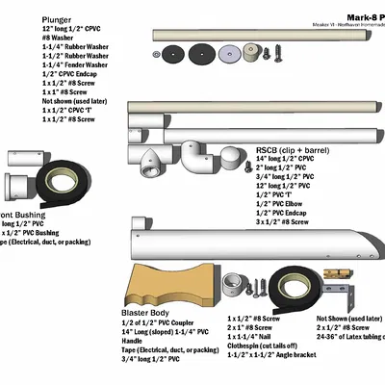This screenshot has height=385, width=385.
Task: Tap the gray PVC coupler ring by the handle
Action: [x=234, y=284]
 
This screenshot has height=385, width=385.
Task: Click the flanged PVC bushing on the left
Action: [x=20, y=183]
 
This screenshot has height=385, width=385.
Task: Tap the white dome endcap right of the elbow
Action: [x=232, y=160]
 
